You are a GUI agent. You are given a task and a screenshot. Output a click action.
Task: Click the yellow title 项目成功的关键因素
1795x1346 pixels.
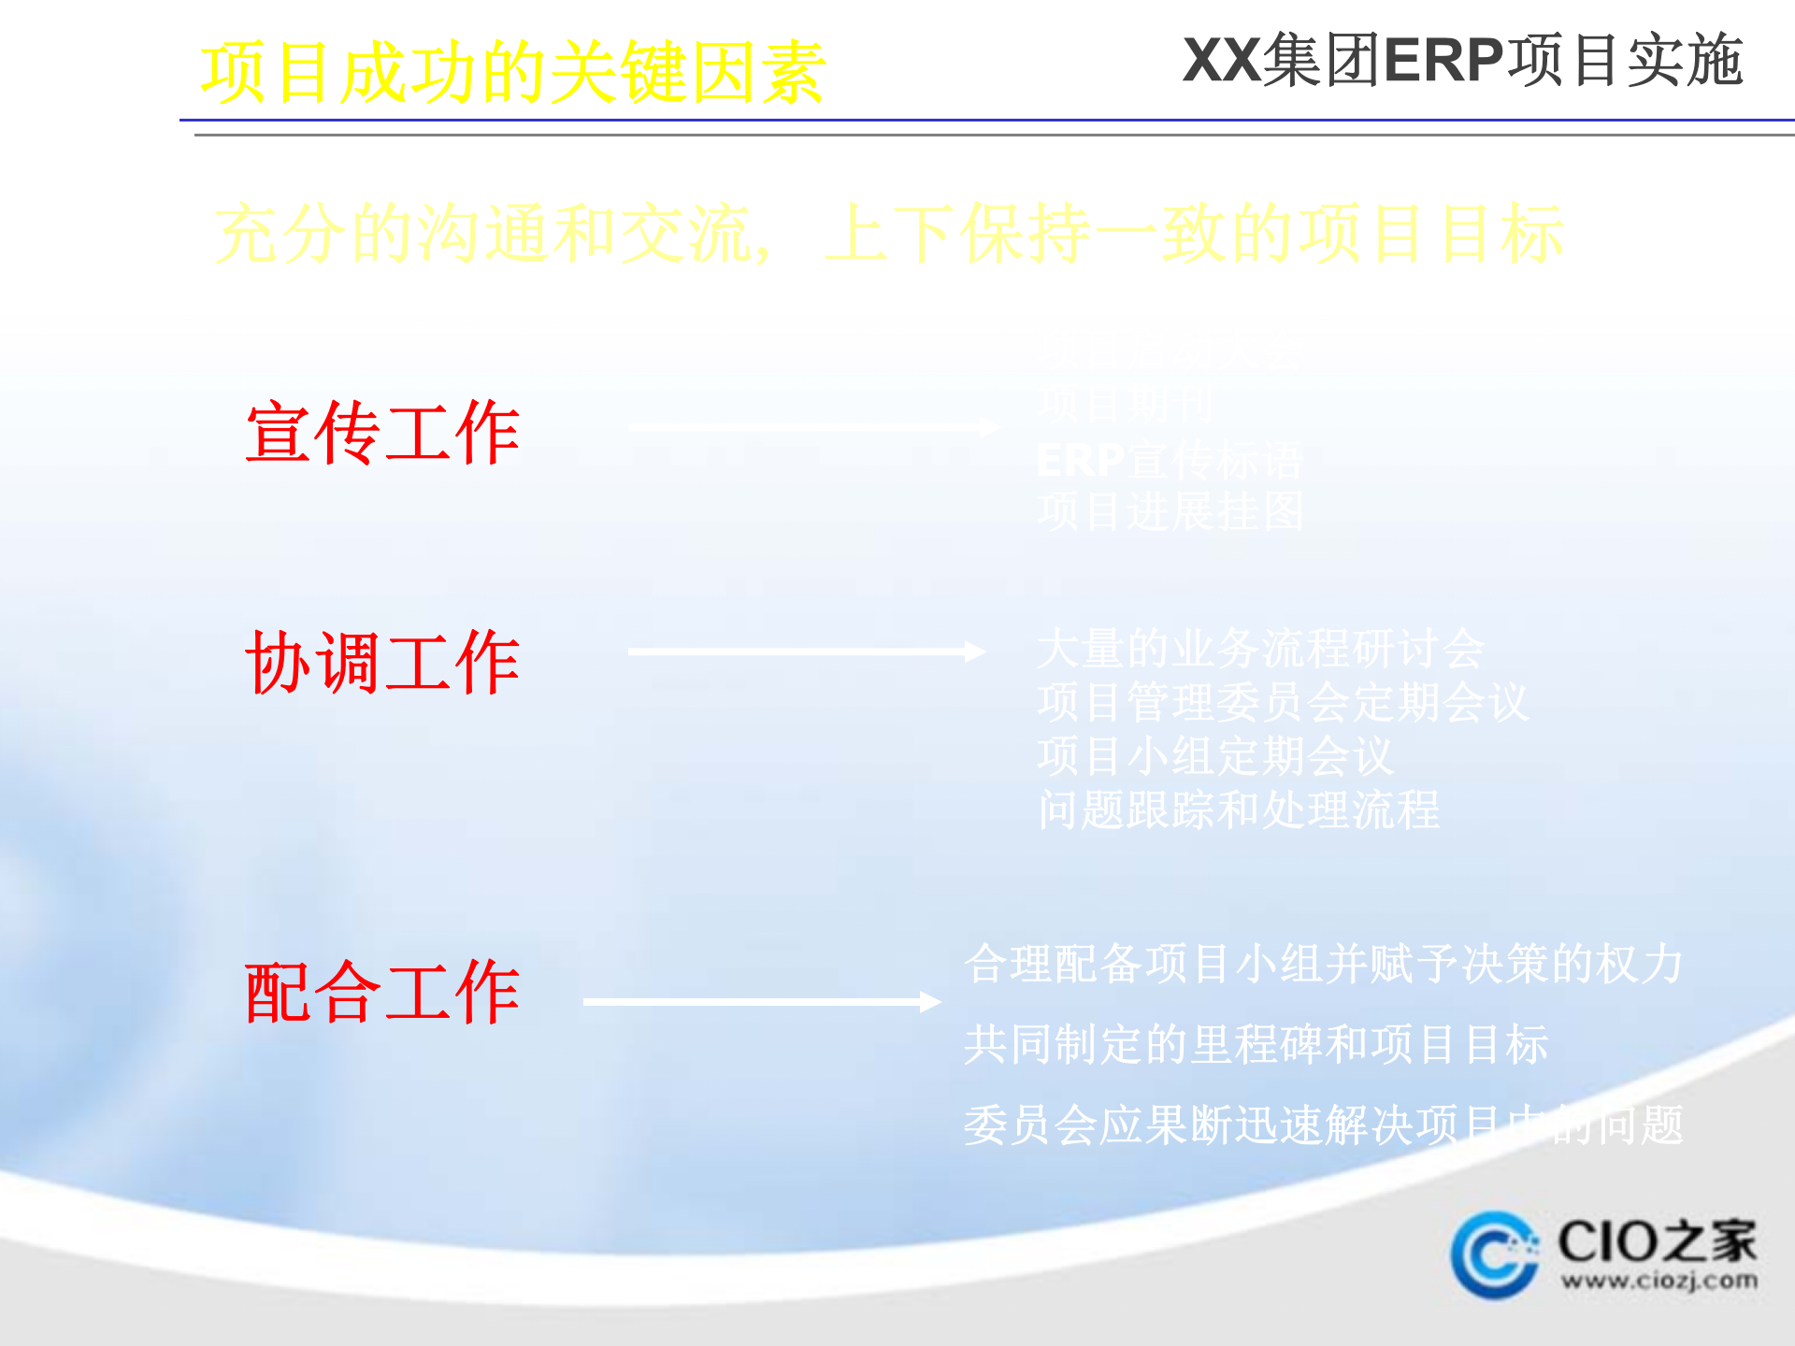tap(512, 73)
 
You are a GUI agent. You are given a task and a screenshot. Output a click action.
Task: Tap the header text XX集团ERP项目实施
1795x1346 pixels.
tap(1462, 61)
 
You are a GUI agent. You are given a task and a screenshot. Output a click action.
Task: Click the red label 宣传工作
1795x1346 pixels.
tap(382, 433)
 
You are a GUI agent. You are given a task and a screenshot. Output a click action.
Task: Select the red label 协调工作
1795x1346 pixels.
tap(382, 663)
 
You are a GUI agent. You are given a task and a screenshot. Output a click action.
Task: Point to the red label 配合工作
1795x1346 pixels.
tap(382, 993)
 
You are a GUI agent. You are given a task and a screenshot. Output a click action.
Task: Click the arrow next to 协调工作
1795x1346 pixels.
tap(806, 652)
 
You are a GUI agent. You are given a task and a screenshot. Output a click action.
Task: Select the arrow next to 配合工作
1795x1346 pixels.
tap(761, 1002)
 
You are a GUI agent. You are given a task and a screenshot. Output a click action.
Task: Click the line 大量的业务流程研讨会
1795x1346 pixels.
tap(1260, 649)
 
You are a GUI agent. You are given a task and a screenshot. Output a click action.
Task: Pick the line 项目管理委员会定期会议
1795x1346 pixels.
tap(1283, 703)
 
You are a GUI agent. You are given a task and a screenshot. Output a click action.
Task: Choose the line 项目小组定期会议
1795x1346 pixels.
tap(1215, 756)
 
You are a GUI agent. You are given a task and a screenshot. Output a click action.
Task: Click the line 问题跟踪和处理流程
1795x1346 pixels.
tap(1239, 810)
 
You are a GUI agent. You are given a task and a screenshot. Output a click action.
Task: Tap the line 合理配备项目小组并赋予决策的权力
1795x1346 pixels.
tap(1324, 964)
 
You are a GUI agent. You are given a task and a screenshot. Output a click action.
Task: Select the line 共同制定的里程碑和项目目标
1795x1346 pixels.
tap(1256, 1045)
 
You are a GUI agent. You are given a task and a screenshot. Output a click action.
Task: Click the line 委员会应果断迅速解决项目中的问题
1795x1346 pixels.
tap(1324, 1125)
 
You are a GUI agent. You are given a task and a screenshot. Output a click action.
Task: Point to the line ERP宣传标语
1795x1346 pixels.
tap(1170, 460)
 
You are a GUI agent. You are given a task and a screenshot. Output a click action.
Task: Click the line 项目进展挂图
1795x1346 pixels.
tap(1170, 512)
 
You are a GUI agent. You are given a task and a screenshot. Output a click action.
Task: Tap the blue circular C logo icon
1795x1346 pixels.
tap(1494, 1254)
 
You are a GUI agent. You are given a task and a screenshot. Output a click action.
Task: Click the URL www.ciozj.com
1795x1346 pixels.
tap(1659, 1281)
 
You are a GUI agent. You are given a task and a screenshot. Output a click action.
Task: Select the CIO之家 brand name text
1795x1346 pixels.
tap(1657, 1241)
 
